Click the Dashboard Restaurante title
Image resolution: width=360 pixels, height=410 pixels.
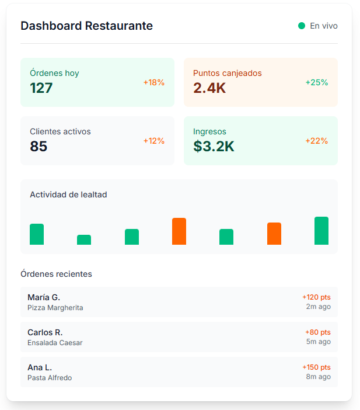point(86,26)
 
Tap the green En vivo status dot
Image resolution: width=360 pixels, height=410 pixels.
point(302,26)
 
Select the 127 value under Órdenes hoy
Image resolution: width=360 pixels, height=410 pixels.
point(41,88)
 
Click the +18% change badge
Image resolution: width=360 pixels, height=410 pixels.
point(154,82)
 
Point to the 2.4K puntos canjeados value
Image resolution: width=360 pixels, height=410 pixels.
point(209,88)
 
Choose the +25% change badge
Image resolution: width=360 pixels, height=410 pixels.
point(317,82)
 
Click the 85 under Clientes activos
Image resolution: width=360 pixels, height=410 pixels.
point(39,147)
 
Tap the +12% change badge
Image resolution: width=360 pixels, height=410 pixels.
point(154,141)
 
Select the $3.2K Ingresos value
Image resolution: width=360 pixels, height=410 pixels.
point(214,147)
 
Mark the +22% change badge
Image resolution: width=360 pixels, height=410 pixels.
point(317,141)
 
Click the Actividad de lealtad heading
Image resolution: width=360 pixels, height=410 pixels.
point(68,194)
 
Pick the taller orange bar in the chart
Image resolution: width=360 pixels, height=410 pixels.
point(179,231)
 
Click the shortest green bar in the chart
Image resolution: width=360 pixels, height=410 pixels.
point(84,239)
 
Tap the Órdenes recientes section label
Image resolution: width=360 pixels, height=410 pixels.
point(56,274)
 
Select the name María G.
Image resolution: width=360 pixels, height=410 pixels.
point(44,297)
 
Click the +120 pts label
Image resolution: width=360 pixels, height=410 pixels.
point(316,297)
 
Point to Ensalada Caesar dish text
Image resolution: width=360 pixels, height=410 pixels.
point(55,343)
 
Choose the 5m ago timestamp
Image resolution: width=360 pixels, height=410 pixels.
point(319,342)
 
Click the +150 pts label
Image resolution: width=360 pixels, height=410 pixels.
point(316,367)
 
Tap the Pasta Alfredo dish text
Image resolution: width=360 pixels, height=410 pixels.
point(50,378)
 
